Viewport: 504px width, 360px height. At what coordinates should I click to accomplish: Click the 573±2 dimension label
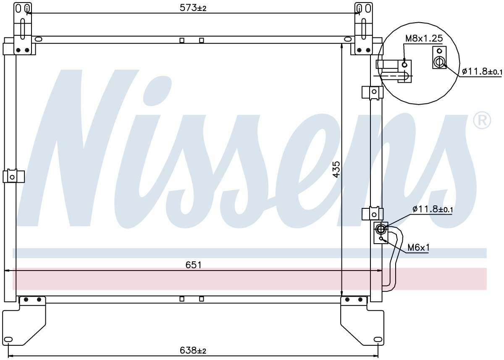pos(193,8)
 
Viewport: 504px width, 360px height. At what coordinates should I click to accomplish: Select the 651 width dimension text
pos(193,265)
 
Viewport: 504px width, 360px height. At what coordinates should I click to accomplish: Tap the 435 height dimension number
pos(336,169)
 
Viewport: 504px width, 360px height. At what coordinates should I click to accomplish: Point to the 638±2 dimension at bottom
pos(193,350)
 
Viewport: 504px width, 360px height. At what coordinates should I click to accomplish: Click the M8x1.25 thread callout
pos(424,39)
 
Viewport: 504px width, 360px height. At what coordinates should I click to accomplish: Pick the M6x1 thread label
pos(418,248)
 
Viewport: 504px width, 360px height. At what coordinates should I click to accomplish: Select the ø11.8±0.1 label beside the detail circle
pos(482,71)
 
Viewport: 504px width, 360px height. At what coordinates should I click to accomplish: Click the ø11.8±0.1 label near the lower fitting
pos(433,210)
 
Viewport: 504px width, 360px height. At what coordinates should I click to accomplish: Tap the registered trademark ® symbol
pos(482,121)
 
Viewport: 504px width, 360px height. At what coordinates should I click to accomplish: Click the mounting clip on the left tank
pos(13,176)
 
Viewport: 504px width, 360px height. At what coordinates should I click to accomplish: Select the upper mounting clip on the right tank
pos(372,92)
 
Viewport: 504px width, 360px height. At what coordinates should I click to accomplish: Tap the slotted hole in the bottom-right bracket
pos(378,339)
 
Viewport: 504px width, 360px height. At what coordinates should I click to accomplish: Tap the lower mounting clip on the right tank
pos(372,214)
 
